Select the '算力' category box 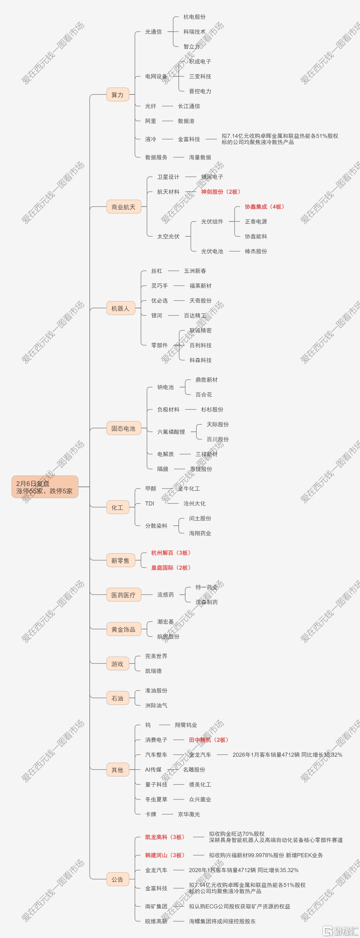tap(118, 95)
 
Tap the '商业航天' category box tap(123, 207)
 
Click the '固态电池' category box tap(123, 428)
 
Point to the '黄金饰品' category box tap(123, 629)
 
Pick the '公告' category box tap(118, 879)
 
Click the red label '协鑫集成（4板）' tap(265, 206)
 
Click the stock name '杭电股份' tap(194, 17)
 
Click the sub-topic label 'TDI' tap(150, 503)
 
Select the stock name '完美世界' tap(156, 656)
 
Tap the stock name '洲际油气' tap(156, 705)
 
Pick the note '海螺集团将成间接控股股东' tap(222, 921)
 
